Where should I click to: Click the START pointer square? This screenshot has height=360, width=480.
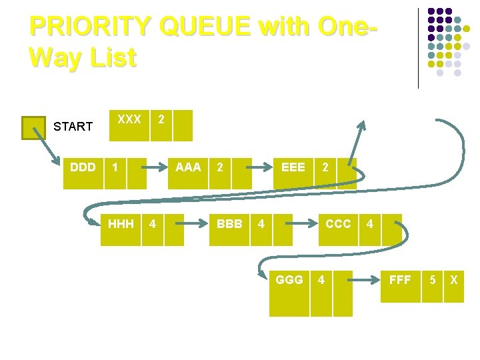pos(33,127)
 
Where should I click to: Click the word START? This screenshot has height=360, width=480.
pos(73,127)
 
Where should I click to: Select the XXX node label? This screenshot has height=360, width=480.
pos(129,119)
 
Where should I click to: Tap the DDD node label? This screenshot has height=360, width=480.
pos(83,167)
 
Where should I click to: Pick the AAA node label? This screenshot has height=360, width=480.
pos(187,167)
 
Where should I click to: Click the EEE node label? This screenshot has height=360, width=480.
pos(293,167)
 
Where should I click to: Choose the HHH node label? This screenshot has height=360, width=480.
pos(121,224)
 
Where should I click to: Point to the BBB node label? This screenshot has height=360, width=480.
pos(229,224)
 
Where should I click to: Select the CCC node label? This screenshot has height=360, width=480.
pos(338,224)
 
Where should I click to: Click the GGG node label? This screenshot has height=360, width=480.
pos(289,280)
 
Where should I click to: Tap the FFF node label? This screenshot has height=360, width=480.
pos(400,280)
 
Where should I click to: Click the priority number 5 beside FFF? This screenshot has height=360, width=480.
pos(433,280)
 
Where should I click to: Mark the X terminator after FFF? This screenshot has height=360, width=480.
pos(453,280)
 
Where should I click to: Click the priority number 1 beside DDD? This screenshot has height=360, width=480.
pos(116,167)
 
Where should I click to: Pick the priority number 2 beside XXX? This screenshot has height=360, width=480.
pos(160,119)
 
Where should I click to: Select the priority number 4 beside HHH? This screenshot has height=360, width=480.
pos(153,224)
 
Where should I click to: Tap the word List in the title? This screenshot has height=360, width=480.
pos(110,57)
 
